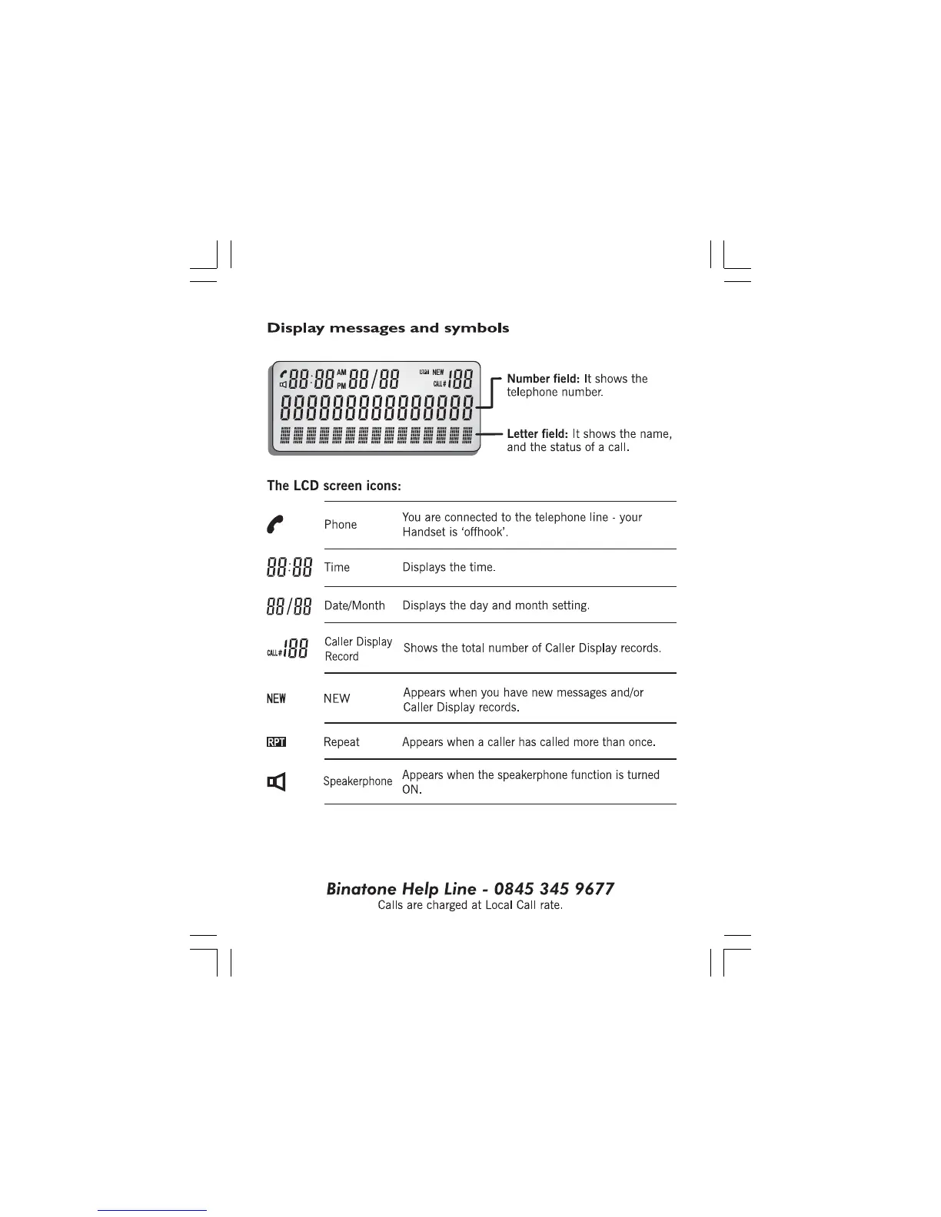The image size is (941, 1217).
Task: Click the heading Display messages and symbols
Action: click(387, 328)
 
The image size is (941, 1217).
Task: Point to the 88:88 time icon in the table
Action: click(289, 568)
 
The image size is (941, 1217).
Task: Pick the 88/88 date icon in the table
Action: click(289, 606)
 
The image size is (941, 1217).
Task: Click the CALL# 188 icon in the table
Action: click(288, 648)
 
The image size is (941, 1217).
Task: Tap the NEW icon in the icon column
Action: click(276, 698)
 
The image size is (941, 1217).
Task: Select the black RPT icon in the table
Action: click(276, 742)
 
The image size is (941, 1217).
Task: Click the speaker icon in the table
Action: click(277, 782)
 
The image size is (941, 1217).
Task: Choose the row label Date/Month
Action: click(354, 605)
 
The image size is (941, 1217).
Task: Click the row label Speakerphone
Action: click(357, 781)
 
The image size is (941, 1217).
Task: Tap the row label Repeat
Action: click(341, 742)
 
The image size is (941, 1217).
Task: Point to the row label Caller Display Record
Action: click(357, 648)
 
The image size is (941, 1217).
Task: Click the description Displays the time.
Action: click(449, 568)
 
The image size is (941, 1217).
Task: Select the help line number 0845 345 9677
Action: click(554, 889)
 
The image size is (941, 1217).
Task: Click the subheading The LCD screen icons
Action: click(334, 486)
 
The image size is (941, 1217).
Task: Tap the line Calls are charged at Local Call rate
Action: click(470, 905)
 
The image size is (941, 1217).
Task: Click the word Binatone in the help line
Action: click(361, 889)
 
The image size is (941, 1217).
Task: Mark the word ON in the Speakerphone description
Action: click(411, 790)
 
